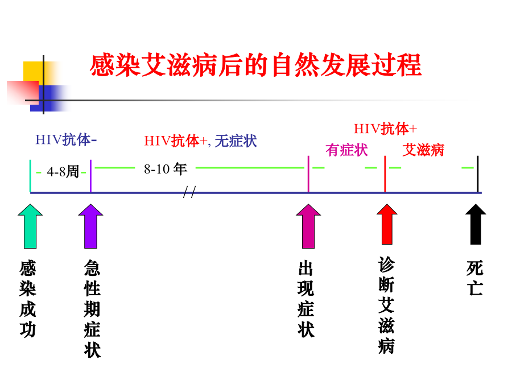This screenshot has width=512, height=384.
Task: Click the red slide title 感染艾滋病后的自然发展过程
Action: (255, 65)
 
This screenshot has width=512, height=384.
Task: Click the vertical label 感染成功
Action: (28, 299)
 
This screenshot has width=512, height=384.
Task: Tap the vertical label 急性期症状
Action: (92, 309)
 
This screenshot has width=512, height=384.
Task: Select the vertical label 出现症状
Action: (305, 299)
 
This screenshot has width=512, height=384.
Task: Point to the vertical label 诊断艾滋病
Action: (386, 305)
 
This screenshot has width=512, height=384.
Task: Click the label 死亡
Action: (475, 278)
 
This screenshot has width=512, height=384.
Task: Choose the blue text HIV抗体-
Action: (66, 140)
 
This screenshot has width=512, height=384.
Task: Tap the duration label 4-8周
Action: (63, 171)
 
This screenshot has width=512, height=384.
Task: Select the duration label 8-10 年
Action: (165, 169)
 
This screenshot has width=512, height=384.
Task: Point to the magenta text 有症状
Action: (346, 150)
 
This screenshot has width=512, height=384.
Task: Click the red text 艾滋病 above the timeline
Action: (423, 150)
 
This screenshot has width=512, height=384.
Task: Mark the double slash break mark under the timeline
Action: (189, 194)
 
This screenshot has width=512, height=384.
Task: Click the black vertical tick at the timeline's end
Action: (478, 174)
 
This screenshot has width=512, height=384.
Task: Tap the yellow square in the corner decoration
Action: (33, 71)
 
